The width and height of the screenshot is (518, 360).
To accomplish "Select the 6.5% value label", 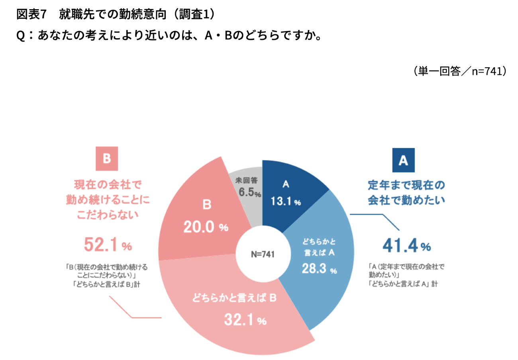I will click(249, 193).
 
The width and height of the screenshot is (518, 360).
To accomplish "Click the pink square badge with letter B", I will click(106, 159).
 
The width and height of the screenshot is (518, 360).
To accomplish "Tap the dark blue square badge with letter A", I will click(403, 160).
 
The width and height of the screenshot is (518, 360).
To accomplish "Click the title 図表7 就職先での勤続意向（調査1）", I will click(116, 15).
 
